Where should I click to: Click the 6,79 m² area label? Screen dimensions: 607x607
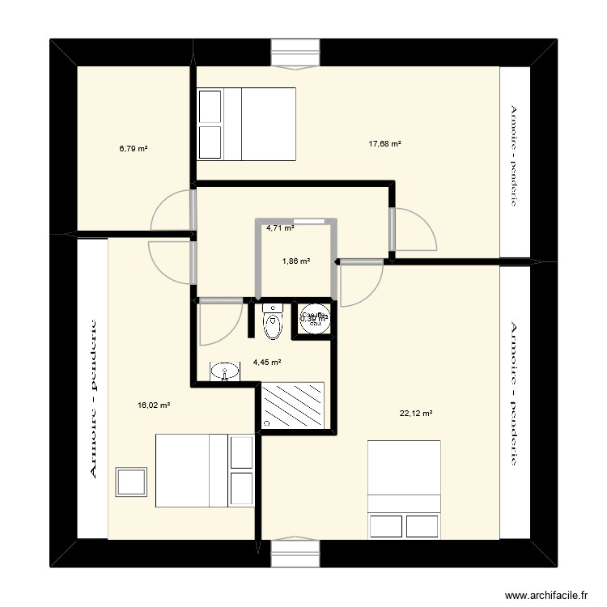134,149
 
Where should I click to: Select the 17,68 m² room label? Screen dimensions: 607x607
385,144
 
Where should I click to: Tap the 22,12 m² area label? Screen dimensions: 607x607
416,414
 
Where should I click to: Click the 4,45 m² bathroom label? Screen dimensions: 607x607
267,363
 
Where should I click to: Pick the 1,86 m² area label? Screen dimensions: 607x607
296,261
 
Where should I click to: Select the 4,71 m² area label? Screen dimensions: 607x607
280,228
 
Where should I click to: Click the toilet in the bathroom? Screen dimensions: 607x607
273,321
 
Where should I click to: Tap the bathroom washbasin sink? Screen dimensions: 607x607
224,371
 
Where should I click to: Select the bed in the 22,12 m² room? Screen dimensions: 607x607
404,489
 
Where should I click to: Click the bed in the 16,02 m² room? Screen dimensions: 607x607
205,471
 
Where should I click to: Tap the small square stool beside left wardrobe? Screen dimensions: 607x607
131,481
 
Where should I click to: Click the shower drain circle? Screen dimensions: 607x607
267,423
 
